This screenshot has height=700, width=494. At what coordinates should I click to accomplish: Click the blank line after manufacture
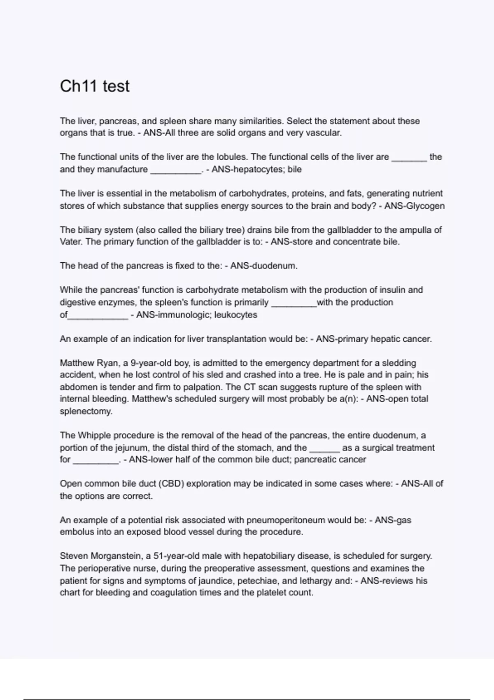[x=176, y=170]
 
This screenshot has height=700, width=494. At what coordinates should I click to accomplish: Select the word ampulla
[x=414, y=230]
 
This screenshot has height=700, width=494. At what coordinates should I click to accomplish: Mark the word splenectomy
[x=86, y=411]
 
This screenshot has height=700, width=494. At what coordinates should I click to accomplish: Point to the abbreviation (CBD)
[x=170, y=483]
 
